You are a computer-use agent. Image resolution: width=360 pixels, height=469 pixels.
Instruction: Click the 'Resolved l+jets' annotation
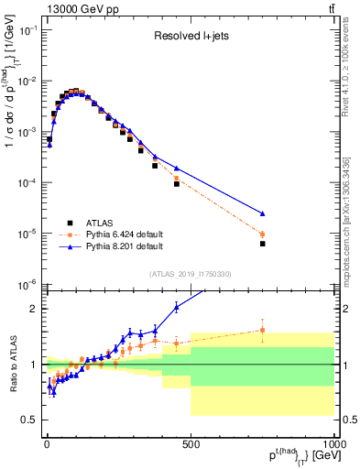click(190, 38)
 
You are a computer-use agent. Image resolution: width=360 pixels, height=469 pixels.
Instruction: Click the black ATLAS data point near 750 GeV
click(262, 244)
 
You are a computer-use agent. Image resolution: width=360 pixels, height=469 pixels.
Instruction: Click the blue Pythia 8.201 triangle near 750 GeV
click(262, 213)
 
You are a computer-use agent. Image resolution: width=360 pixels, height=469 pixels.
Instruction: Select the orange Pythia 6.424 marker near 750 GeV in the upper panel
click(262, 234)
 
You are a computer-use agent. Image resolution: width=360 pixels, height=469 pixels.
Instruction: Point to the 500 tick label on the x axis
click(191, 444)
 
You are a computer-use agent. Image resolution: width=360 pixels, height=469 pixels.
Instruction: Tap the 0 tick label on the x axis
click(47, 444)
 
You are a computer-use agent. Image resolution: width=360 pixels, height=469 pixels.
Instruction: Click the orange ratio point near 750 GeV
click(262, 330)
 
